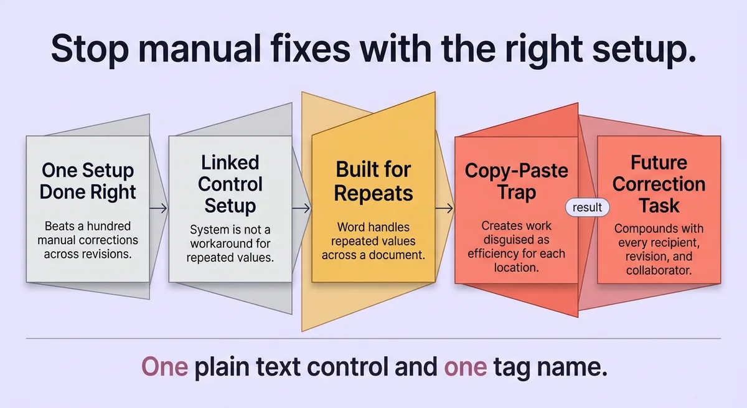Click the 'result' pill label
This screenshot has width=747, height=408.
(x=587, y=207)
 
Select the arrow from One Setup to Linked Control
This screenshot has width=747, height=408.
(x=158, y=209)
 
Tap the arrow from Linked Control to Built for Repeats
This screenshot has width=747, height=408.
(x=301, y=209)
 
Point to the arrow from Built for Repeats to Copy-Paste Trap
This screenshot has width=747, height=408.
(x=444, y=209)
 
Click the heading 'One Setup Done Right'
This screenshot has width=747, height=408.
(x=88, y=181)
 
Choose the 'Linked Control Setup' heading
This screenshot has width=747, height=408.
(x=230, y=184)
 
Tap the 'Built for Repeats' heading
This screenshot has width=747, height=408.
(x=373, y=181)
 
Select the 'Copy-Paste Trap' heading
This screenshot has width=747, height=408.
(x=516, y=181)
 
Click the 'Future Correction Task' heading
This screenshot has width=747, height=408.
(x=659, y=184)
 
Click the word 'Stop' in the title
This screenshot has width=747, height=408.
(x=90, y=49)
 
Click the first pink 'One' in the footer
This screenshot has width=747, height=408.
(x=164, y=367)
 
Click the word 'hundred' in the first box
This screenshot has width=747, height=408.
(x=108, y=226)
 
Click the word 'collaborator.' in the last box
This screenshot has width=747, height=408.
(x=659, y=270)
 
